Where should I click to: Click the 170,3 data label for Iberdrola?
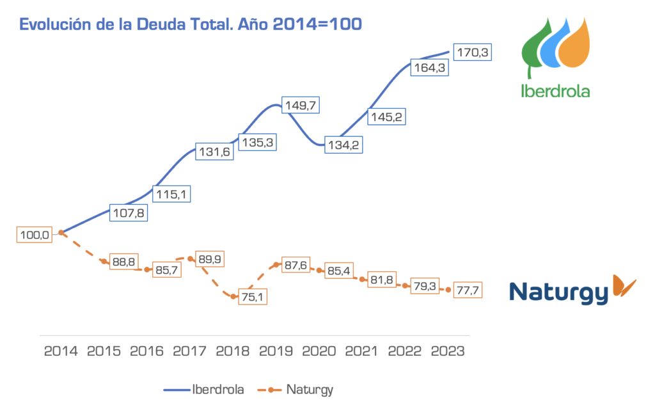(472, 52)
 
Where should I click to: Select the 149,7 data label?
(300, 105)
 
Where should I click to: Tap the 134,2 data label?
(343, 145)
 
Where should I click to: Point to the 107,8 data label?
(128, 213)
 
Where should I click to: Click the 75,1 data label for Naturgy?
(248, 296)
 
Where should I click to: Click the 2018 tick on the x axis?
(233, 351)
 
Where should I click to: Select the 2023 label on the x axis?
(448, 351)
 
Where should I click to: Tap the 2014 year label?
(61, 351)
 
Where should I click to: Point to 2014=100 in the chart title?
(317, 24)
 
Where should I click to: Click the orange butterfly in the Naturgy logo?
(624, 285)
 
